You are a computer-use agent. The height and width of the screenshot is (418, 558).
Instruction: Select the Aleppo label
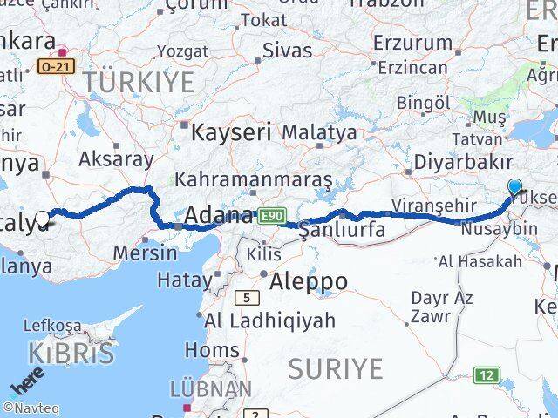[309, 281]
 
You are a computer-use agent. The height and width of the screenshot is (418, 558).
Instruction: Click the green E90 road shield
[270, 214]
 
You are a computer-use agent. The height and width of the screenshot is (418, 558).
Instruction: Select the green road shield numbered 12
[487, 375]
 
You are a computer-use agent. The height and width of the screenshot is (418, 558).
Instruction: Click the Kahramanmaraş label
[253, 179]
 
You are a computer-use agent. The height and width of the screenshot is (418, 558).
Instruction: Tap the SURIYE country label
[336, 368]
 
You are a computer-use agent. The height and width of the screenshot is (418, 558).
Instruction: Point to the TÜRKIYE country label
[139, 83]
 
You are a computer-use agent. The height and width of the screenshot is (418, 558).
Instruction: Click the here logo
[27, 384]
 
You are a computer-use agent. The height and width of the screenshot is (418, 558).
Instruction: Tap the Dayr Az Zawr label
[442, 307]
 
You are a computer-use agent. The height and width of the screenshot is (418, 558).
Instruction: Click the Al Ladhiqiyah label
[269, 320]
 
